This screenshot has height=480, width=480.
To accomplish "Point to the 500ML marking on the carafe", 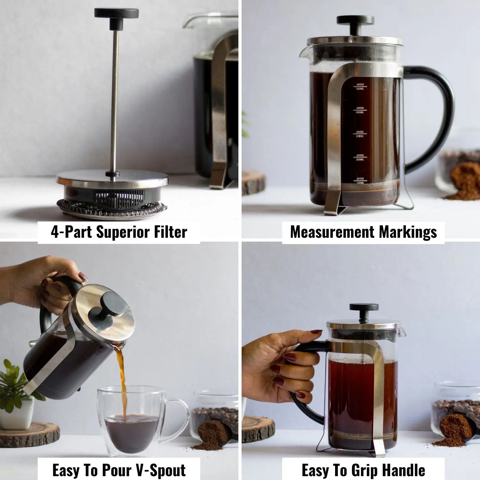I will (x=360, y=86).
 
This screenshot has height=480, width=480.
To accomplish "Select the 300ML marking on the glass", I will (x=360, y=134).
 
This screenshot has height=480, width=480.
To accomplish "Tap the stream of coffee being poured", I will (x=122, y=378).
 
